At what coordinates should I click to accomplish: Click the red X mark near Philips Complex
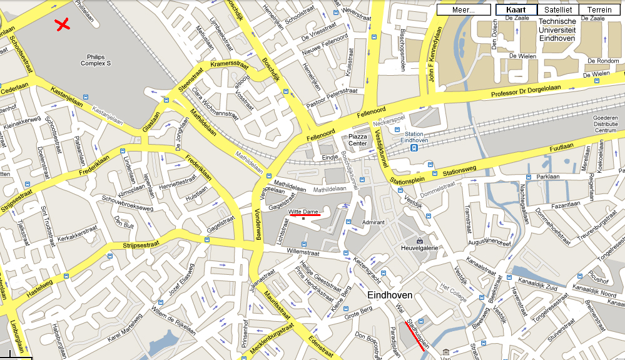[x=62, y=24]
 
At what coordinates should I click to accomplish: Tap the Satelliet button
[x=557, y=10]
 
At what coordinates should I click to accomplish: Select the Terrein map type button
[x=599, y=10]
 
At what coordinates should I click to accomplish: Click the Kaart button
[x=516, y=10]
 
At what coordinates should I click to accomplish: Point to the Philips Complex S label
[x=96, y=59]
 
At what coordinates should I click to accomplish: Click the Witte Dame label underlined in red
[x=303, y=212]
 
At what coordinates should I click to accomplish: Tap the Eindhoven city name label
[x=390, y=294]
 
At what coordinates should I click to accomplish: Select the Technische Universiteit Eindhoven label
[x=557, y=29]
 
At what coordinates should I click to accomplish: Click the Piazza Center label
[x=358, y=139]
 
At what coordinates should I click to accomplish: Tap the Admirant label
[x=373, y=222]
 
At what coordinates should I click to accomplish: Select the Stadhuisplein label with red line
[x=417, y=335]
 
